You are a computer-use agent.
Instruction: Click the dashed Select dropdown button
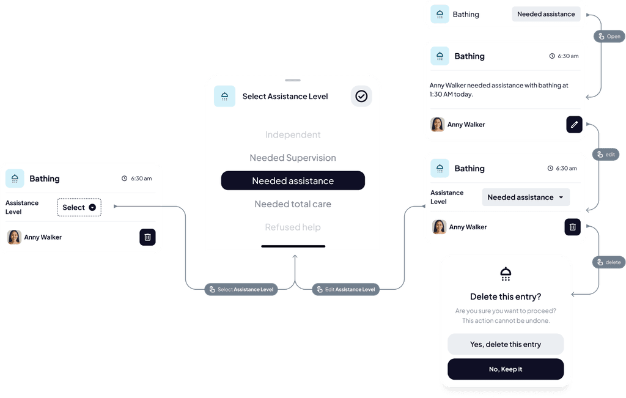point(79,207)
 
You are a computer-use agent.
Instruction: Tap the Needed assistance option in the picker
point(293,181)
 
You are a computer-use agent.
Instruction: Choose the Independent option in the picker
point(293,135)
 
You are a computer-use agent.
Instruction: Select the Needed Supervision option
point(293,158)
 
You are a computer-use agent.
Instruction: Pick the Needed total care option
point(293,204)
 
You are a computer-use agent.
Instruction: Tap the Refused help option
point(293,227)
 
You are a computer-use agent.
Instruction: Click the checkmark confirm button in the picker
point(361,96)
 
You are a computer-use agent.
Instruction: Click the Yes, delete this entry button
point(506,344)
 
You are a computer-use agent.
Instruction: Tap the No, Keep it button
point(506,369)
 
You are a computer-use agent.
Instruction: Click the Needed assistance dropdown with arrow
point(526,197)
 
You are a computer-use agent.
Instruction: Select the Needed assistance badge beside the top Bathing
point(546,14)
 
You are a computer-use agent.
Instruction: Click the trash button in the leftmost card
point(147,237)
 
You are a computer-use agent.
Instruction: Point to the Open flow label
point(608,37)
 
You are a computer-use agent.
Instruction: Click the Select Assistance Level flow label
point(241,289)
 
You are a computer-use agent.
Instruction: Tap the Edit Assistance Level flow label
point(344,289)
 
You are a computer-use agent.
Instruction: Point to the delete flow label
point(608,262)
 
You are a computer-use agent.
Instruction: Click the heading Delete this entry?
point(506,297)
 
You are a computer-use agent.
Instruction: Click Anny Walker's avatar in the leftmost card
point(14,237)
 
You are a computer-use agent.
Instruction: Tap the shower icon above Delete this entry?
point(506,274)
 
